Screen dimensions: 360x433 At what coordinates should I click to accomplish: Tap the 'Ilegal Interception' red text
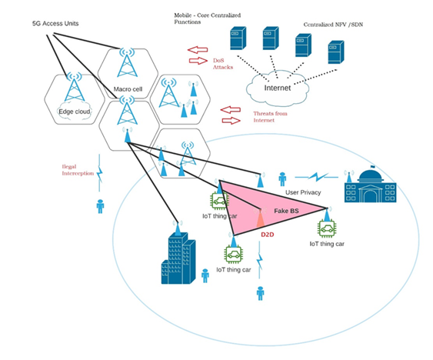[78, 169]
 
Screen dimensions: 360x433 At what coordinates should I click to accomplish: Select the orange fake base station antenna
[261, 218]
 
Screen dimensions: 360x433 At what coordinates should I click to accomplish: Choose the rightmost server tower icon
[335, 52]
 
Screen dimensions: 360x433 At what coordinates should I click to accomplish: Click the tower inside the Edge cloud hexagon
[74, 88]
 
